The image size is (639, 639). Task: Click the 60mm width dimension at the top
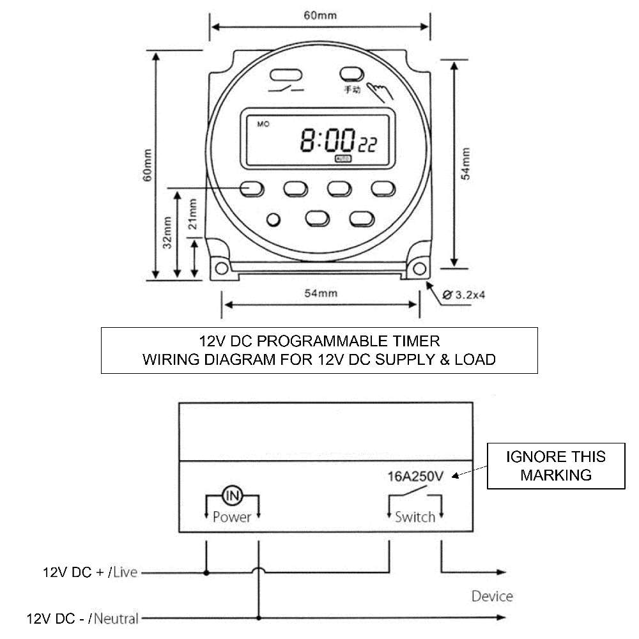320,15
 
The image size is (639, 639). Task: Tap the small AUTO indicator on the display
343,158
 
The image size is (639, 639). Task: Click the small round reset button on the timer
273,220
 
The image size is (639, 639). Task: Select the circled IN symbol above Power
231,495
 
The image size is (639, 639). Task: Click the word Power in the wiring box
231,516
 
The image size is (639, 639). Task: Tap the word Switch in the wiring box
415,516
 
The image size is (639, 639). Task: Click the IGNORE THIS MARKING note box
555,466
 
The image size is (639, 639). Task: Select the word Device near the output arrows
492,596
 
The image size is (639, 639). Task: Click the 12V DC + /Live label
90,572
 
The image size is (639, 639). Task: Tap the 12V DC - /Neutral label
82,619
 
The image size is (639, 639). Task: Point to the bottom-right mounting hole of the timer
419,266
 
